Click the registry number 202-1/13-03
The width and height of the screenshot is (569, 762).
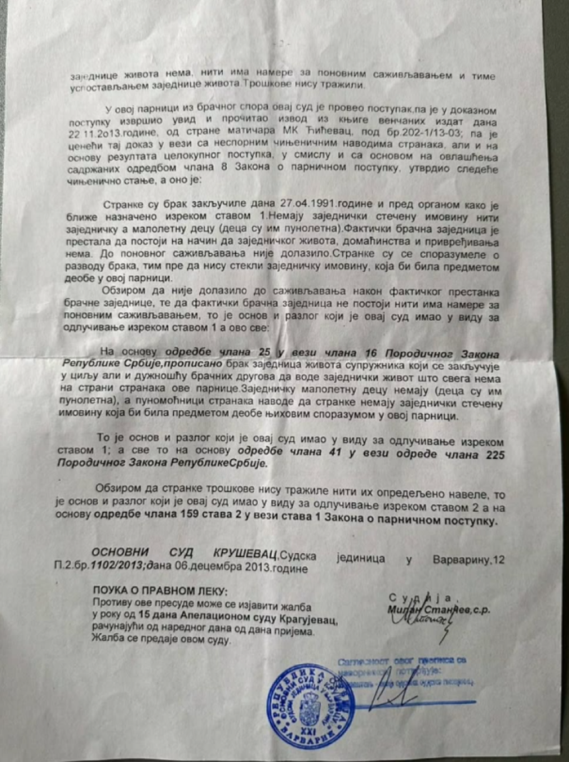[408, 133]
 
